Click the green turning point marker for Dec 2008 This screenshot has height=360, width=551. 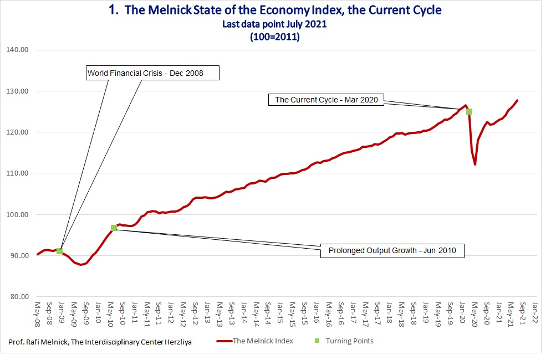(60, 251)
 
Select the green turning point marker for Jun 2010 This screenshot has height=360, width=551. (114, 228)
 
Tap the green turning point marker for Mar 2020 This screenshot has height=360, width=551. (469, 112)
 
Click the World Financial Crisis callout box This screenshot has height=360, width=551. (152, 73)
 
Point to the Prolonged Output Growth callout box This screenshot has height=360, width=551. (392, 251)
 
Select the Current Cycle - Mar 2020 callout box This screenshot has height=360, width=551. (326, 100)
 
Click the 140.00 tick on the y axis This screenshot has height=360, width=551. (17, 50)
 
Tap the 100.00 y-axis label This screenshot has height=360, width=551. (17, 214)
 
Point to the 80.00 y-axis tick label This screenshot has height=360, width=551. (19, 297)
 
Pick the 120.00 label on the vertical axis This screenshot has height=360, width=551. (17, 132)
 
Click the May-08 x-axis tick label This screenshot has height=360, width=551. (38, 314)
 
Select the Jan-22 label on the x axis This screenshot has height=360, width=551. (535, 313)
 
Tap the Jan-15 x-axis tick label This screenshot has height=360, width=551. (280, 313)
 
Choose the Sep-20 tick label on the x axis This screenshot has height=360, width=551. (487, 313)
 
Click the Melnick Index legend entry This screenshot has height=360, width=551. (255, 341)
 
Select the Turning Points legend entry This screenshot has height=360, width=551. (344, 341)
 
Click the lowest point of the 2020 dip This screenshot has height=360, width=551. (475, 164)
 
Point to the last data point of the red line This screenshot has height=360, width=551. (517, 100)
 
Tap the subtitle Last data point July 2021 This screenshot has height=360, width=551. (274, 24)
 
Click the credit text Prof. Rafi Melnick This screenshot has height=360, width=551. (38, 342)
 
